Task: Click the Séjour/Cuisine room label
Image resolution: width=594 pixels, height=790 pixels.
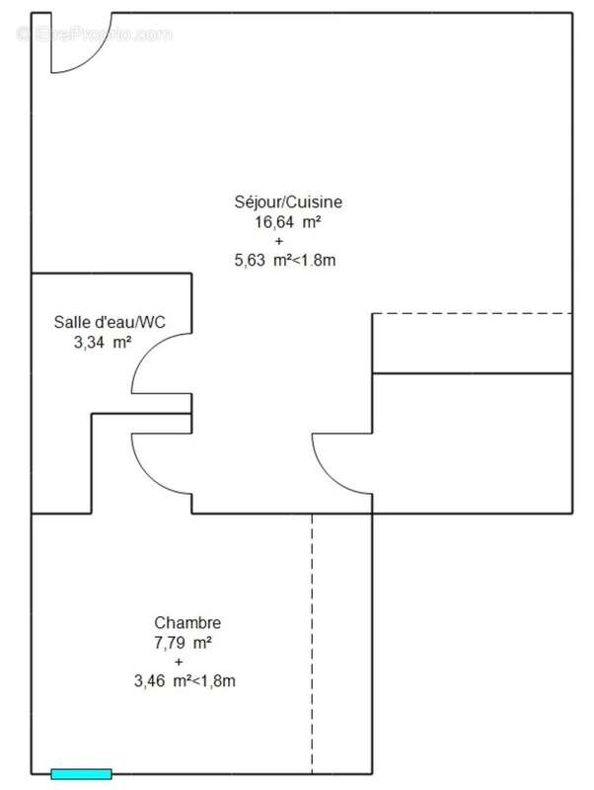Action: pyautogui.click(x=288, y=202)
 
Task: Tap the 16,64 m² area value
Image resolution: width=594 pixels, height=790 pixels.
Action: pyautogui.click(x=288, y=221)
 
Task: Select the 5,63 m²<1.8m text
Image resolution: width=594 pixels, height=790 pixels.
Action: pyautogui.click(x=285, y=260)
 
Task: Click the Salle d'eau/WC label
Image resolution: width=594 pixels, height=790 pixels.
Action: pyautogui.click(x=110, y=322)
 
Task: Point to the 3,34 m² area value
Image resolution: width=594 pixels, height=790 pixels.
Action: pyautogui.click(x=103, y=342)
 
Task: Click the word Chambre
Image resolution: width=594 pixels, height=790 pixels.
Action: pyautogui.click(x=187, y=623)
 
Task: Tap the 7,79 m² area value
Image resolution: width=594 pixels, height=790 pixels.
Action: pyautogui.click(x=183, y=643)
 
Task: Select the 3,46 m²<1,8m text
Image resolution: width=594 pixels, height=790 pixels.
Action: pyautogui.click(x=185, y=680)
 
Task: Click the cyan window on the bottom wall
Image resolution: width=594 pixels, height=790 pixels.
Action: pyautogui.click(x=81, y=774)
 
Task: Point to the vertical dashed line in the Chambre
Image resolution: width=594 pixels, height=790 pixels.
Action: pyautogui.click(x=312, y=644)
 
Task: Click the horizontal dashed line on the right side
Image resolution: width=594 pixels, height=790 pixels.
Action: pyautogui.click(x=473, y=313)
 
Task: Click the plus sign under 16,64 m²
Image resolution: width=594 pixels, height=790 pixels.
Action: pyautogui.click(x=279, y=241)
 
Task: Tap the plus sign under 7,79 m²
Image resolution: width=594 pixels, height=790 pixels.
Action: pyautogui.click(x=179, y=662)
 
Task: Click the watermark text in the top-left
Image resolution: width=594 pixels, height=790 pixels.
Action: pyautogui.click(x=95, y=35)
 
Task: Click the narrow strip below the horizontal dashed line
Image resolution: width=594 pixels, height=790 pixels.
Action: pyautogui.click(x=473, y=344)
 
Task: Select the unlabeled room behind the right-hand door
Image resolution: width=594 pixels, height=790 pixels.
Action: pyautogui.click(x=473, y=443)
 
